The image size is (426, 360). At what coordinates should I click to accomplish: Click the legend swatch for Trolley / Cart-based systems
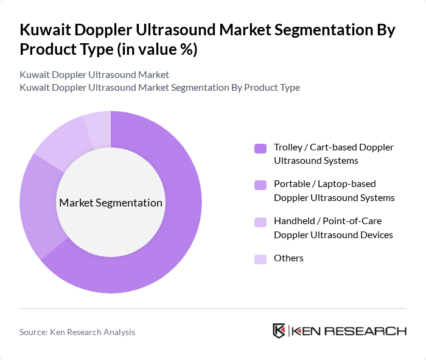260,148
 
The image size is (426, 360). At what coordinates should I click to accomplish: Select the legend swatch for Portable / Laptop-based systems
260,185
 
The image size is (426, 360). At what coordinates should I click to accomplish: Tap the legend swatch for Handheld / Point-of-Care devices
260,222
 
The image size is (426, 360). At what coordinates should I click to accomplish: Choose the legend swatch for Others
260,259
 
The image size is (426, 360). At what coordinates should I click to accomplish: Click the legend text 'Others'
288,258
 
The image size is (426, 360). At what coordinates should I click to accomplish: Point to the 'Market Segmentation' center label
111,203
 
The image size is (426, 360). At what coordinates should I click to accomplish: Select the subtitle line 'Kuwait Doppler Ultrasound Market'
94,75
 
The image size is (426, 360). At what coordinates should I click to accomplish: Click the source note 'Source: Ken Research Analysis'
77,332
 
